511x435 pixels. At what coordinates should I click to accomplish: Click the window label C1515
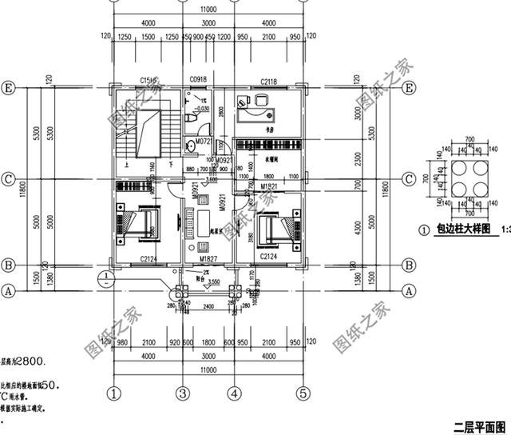coord(147,81)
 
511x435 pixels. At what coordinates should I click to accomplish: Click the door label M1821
coord(268,186)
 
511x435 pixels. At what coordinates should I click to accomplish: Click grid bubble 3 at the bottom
coord(182,393)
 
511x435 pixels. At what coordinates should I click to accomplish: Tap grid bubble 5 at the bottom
coord(303,393)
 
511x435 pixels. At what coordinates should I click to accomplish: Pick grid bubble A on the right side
coord(409,291)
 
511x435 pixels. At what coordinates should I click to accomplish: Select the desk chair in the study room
coord(262,101)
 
